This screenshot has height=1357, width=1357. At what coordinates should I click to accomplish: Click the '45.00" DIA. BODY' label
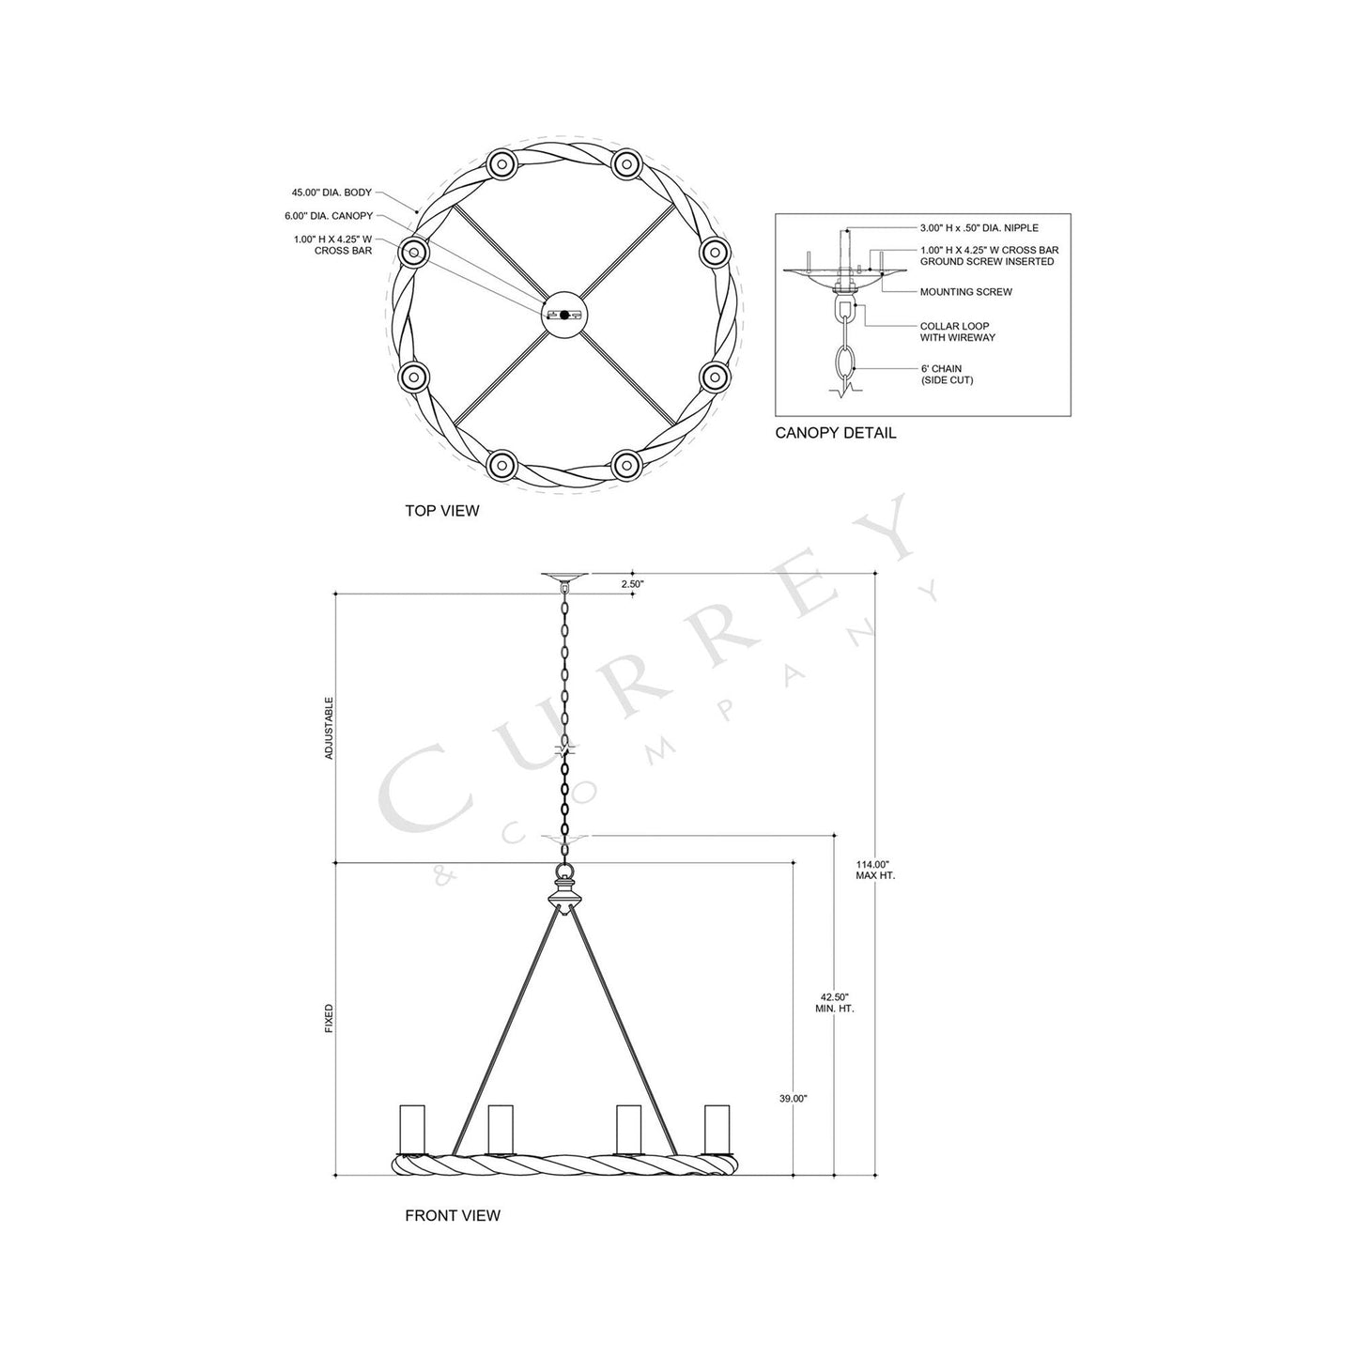click(332, 193)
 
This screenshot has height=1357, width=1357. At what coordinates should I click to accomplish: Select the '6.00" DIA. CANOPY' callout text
click(329, 216)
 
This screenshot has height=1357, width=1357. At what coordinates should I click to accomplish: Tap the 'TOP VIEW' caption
click(441, 511)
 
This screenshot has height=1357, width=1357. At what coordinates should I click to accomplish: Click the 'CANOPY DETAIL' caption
click(835, 433)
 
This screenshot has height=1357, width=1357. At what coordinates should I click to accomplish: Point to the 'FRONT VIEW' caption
click(453, 1215)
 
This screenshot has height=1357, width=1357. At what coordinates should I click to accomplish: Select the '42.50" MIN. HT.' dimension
click(834, 1002)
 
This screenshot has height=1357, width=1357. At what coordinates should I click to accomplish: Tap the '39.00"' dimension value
click(794, 1098)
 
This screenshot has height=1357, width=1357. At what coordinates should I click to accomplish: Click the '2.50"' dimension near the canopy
click(632, 584)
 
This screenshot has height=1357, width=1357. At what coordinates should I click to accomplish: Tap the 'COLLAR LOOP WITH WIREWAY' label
click(957, 332)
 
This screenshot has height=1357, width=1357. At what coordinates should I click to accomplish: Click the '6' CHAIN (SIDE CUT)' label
click(947, 375)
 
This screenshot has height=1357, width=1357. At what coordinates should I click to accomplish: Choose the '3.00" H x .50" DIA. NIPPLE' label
click(979, 228)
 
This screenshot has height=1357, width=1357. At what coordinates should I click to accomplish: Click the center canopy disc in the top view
click(564, 316)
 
